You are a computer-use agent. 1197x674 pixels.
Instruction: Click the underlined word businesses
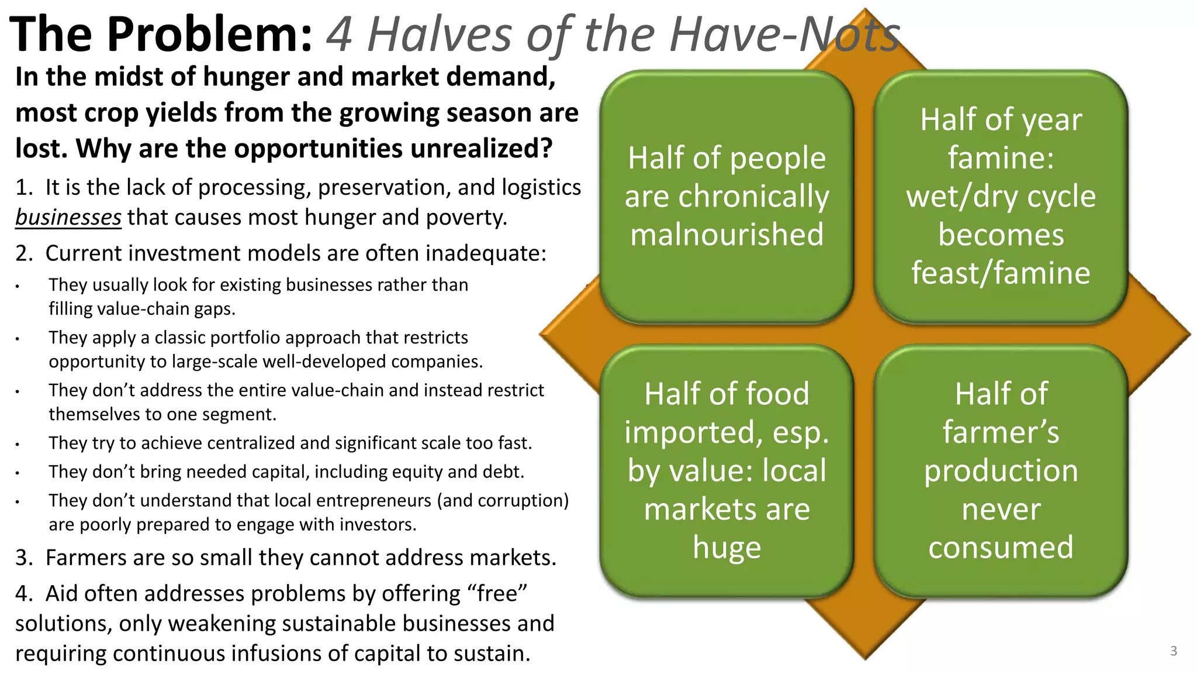pos(68,218)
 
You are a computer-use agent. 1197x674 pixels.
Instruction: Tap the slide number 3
pos(1174,651)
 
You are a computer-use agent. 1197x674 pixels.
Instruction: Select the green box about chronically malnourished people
pos(726,197)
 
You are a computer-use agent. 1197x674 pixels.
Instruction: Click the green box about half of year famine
pos(1001,197)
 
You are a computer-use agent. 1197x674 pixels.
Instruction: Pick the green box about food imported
pos(726,470)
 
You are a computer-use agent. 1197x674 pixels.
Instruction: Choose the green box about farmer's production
pos(1001,470)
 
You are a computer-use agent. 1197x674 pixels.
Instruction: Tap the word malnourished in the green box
pos(727,235)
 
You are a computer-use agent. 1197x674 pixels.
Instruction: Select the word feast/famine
pos(1001,273)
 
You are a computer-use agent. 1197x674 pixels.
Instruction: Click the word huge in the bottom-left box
pos(727,548)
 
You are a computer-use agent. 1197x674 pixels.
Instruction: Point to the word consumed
pos(1001,548)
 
